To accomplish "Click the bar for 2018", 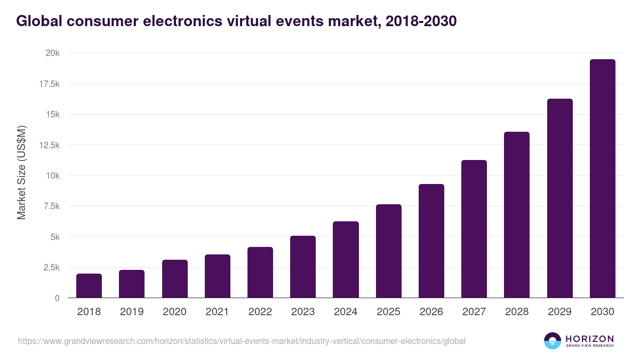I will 89,286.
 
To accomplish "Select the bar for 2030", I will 602,179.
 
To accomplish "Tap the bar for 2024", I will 346,260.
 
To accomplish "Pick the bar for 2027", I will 474,229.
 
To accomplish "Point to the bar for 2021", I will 218,276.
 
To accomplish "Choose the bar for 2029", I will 559,198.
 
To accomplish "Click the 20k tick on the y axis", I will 52,53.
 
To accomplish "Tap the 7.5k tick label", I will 51,206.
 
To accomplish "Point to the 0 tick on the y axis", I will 57,298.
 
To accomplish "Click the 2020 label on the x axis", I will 174,312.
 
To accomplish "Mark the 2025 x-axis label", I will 388,312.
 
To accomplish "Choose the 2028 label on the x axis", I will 517,312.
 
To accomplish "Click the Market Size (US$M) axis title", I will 21,173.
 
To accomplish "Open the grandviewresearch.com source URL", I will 242,341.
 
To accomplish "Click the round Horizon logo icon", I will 553,341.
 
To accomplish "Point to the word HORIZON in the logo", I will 589,338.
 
